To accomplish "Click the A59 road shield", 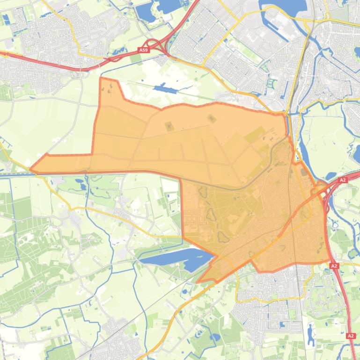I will pyautogui.click(x=144, y=50).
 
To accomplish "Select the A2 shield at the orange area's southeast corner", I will pyautogui.click(x=334, y=266).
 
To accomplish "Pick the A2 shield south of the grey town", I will pyautogui.click(x=351, y=336).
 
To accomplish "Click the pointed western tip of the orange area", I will pyautogui.click(x=31, y=169).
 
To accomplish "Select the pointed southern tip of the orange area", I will pyautogui.click(x=198, y=282).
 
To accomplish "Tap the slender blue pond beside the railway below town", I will pyautogui.click(x=310, y=332).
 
